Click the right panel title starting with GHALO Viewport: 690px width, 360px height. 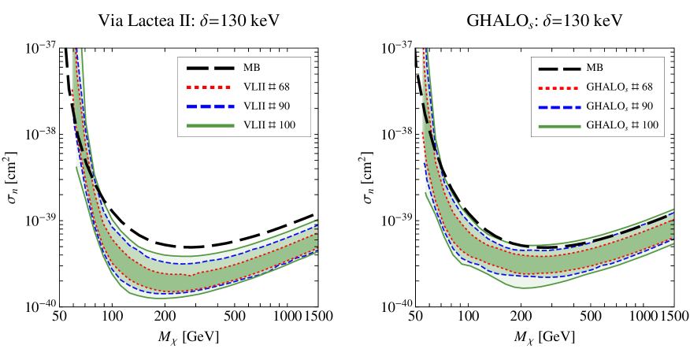click(543, 17)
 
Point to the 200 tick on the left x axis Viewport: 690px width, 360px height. click(164, 316)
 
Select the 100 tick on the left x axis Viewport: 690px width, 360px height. click(112, 316)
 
